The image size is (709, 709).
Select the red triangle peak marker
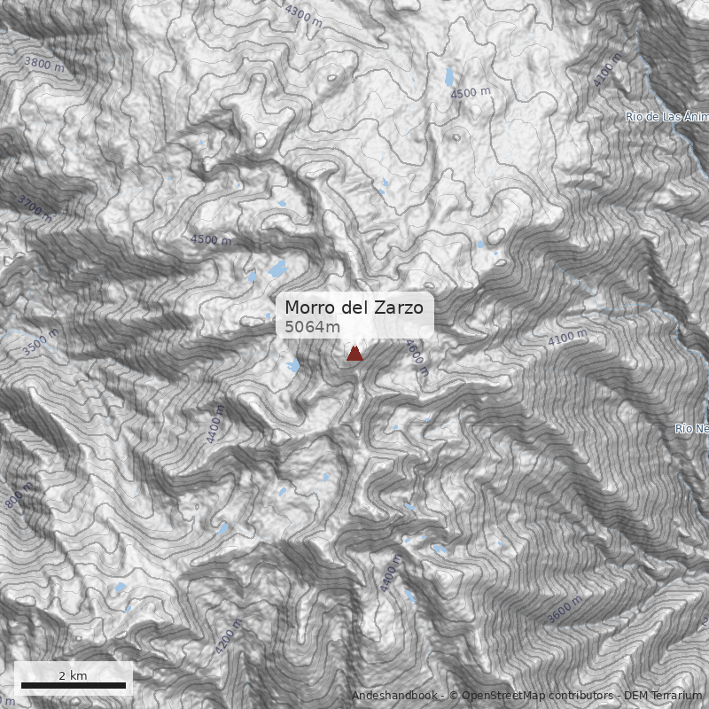[x=354, y=354]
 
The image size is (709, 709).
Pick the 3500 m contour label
[x=41, y=341]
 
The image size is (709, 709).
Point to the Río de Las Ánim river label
[x=666, y=116]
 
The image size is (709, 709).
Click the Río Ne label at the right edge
[x=691, y=429]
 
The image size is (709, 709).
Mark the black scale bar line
[x=74, y=685]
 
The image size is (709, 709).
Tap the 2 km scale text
[x=73, y=675]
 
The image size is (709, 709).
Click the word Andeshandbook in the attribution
[x=395, y=696]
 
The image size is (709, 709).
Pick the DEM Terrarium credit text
[x=663, y=696]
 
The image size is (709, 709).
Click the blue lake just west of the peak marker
[x=293, y=364]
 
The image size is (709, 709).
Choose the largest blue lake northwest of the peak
[x=278, y=268]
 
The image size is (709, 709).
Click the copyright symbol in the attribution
[x=454, y=696]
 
